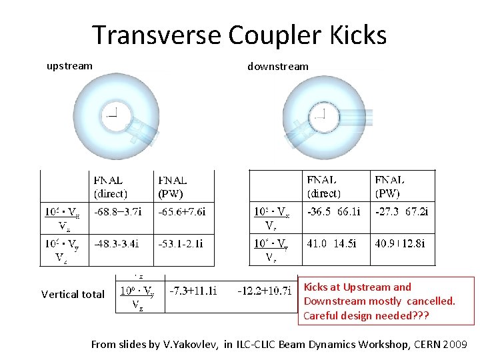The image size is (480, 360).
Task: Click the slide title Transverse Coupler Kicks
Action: click(x=239, y=35)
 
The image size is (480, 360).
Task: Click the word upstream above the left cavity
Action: click(x=69, y=66)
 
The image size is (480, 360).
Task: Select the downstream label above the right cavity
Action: click(x=278, y=66)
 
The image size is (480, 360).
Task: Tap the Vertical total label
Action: click(x=73, y=294)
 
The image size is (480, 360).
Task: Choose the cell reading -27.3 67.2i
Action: click(x=401, y=211)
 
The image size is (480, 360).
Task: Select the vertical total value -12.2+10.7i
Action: click(x=265, y=291)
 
